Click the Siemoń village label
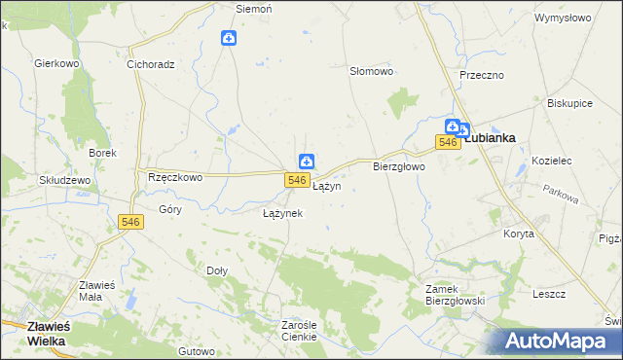pyautogui.click(x=254, y=9)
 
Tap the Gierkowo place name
pyautogui.click(x=55, y=63)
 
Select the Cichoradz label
pyautogui.click(x=150, y=65)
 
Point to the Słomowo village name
pyautogui.click(x=371, y=71)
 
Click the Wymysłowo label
pyautogui.click(x=563, y=18)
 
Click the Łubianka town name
pyautogui.click(x=490, y=138)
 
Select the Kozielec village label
pyautogui.click(x=542, y=160)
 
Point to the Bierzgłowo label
pyautogui.click(x=400, y=166)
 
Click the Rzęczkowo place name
pyautogui.click(x=174, y=177)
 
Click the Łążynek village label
pyautogui.click(x=283, y=212)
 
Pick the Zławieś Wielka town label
pyautogui.click(x=33, y=334)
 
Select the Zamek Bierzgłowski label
pyautogui.click(x=456, y=295)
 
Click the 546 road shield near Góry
pyautogui.click(x=131, y=223)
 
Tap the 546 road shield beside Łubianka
pyautogui.click(x=447, y=143)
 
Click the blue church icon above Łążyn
pyautogui.click(x=306, y=162)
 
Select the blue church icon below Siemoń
pyautogui.click(x=228, y=39)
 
